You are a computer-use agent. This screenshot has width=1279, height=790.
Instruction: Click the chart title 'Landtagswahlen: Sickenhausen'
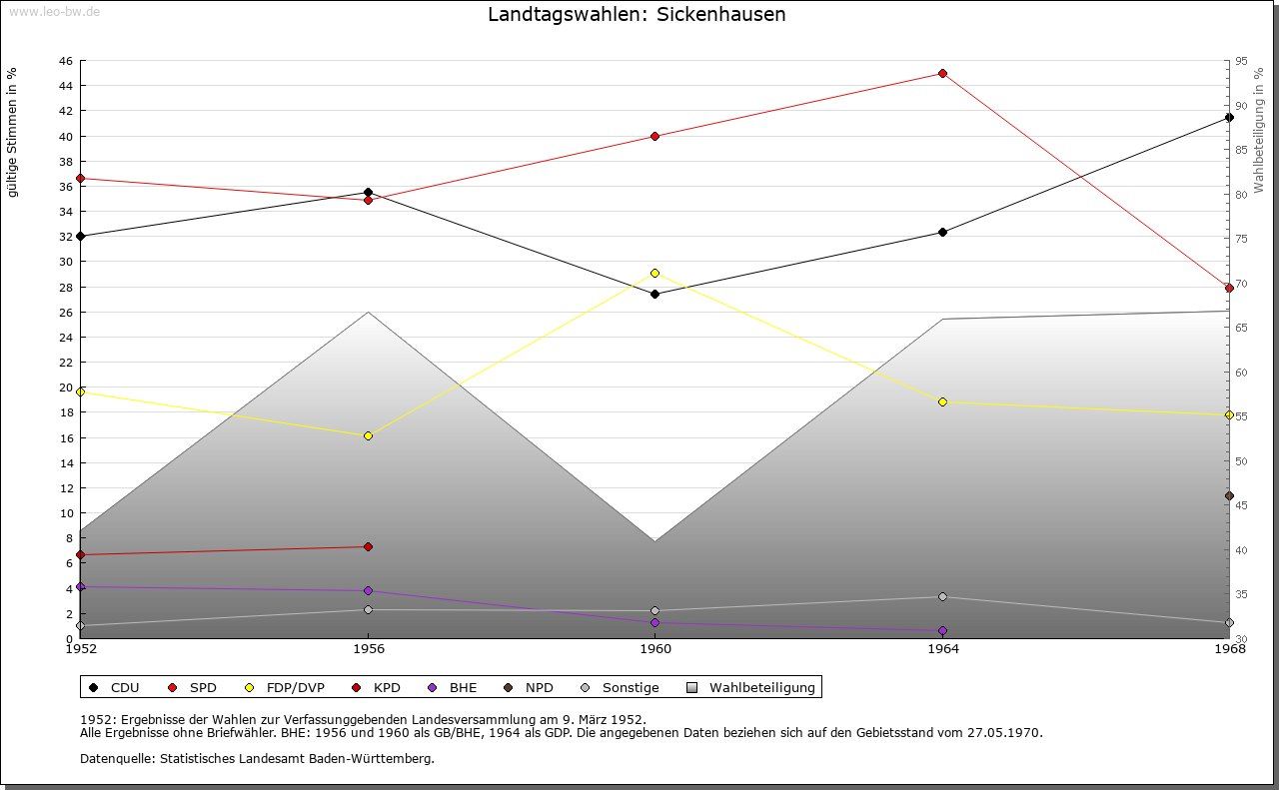(x=637, y=15)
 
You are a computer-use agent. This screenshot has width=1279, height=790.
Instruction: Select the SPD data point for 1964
(x=942, y=74)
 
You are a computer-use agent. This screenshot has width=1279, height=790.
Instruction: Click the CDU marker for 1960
(x=654, y=294)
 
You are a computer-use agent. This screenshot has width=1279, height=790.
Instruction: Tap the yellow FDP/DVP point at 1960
(x=654, y=273)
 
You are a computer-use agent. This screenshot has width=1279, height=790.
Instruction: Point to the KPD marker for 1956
(x=368, y=546)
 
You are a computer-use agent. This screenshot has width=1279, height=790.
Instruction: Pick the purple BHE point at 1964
(x=942, y=630)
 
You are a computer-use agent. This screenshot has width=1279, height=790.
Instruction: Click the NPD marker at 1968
(x=1229, y=495)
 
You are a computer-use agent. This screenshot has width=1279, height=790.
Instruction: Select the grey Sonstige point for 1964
(x=942, y=597)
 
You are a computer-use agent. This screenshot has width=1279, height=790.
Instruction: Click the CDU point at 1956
(x=368, y=192)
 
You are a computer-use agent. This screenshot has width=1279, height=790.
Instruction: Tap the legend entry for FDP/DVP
(x=295, y=687)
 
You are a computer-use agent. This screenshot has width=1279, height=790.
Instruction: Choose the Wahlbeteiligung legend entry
(x=761, y=687)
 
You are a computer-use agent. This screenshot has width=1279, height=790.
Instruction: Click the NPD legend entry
(x=539, y=687)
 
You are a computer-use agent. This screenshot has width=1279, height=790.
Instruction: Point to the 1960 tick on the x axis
(x=654, y=649)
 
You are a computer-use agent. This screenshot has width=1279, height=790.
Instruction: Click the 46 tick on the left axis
(x=65, y=61)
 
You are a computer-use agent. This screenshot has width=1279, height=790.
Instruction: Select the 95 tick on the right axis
(x=1241, y=61)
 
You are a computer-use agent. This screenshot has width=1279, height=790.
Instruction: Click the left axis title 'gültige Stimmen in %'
(x=13, y=132)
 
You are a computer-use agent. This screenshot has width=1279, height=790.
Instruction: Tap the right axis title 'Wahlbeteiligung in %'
(x=1259, y=131)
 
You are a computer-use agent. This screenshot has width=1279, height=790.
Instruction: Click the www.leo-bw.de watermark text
(x=53, y=11)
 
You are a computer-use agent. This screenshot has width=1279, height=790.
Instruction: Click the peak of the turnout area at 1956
(x=368, y=313)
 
